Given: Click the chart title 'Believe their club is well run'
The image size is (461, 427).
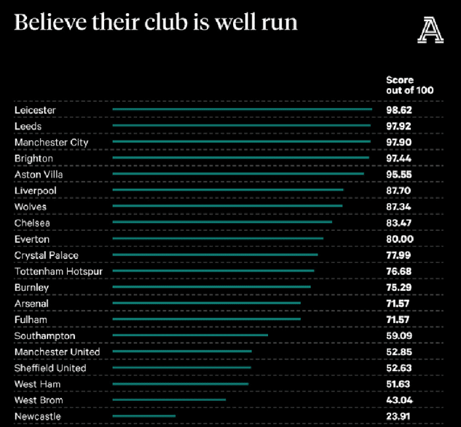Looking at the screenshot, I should (x=155, y=22).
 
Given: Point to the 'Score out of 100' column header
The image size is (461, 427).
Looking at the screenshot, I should (x=409, y=85).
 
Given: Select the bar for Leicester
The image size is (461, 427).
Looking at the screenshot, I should (x=242, y=109).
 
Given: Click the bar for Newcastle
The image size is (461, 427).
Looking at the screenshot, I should (x=144, y=416).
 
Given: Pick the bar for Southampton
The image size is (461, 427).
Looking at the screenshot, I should (x=190, y=335).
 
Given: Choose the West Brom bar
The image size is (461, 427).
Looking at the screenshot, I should (x=169, y=399).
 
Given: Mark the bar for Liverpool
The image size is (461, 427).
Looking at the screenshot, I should (x=227, y=189).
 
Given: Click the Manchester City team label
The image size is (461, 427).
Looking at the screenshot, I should (x=51, y=142).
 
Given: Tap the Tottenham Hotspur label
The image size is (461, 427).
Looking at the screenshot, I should (x=59, y=271).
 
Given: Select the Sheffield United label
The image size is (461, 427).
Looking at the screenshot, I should (x=50, y=368).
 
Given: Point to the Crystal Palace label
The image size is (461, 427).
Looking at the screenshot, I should (x=46, y=255).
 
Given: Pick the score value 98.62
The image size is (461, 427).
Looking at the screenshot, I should (x=399, y=110).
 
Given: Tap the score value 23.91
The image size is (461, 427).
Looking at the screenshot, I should (x=399, y=416).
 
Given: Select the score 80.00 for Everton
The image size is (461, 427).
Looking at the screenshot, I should (x=400, y=239).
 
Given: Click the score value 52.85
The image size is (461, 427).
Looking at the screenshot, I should (x=399, y=352).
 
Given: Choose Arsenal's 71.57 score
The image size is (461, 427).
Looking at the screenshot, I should (x=399, y=303).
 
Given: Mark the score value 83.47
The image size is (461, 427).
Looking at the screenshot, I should (x=399, y=223).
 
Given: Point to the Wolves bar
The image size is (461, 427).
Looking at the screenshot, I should (x=227, y=206).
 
